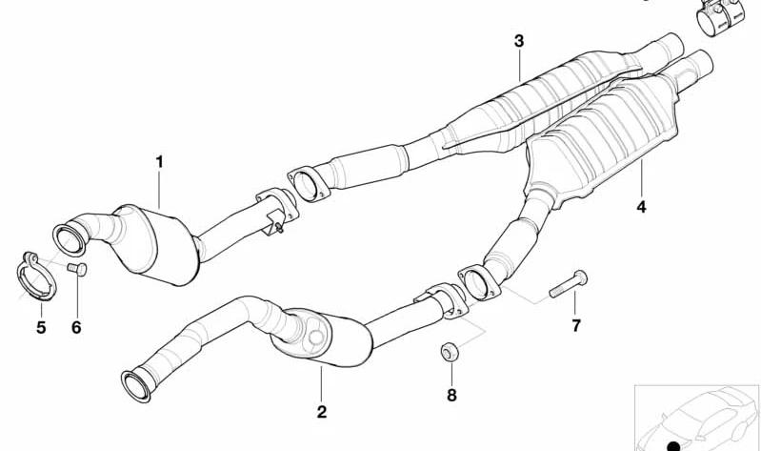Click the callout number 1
point(159,162)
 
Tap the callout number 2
point(322,412)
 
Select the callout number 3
point(519,41)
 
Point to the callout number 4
point(642,207)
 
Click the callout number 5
point(41,327)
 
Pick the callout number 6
point(77,327)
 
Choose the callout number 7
point(576,325)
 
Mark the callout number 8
point(451,395)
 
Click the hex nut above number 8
point(450,352)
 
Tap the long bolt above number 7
point(569,284)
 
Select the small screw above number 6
point(77,268)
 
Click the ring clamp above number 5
point(35,277)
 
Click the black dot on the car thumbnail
point(673,446)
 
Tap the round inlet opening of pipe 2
point(136,387)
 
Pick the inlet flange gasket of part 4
point(478,283)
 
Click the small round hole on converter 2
point(316,338)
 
